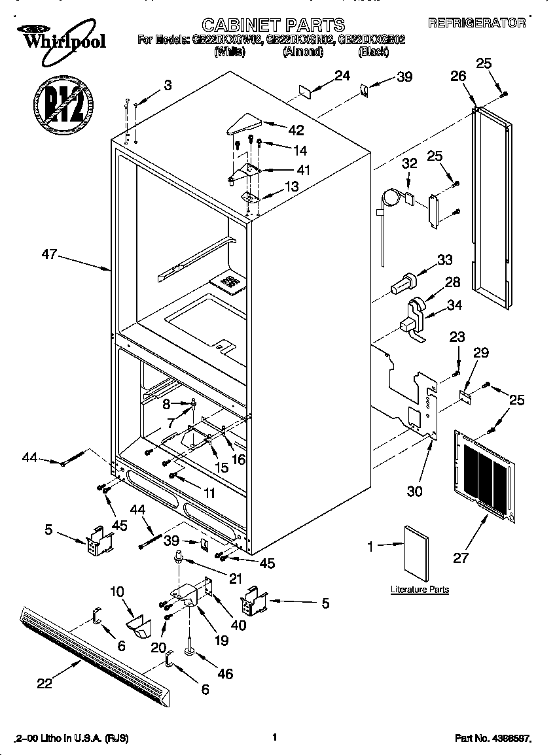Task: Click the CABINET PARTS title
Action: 273,25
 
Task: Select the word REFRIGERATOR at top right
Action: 476,23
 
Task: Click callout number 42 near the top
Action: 296,128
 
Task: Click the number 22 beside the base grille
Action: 44,682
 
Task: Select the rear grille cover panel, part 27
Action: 484,471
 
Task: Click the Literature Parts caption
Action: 420,590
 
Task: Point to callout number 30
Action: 414,491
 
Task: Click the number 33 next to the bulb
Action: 444,260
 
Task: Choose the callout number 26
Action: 457,76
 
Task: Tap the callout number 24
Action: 342,76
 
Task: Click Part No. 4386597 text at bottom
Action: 492,738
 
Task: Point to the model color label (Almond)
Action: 302,52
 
